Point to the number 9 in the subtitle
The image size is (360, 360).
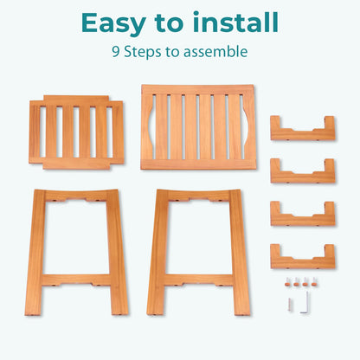(x=116, y=52)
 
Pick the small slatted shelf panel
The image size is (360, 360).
(x=76, y=132)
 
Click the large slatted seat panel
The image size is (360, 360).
(x=198, y=127)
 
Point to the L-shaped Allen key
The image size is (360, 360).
(x=306, y=302)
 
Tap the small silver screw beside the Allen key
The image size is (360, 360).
(x=290, y=305)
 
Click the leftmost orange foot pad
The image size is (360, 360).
(x=287, y=282)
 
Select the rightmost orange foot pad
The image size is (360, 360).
(x=314, y=282)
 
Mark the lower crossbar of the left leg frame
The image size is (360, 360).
(x=76, y=280)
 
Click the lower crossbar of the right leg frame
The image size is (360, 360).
(x=198, y=280)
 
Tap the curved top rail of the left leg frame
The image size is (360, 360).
(x=76, y=196)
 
